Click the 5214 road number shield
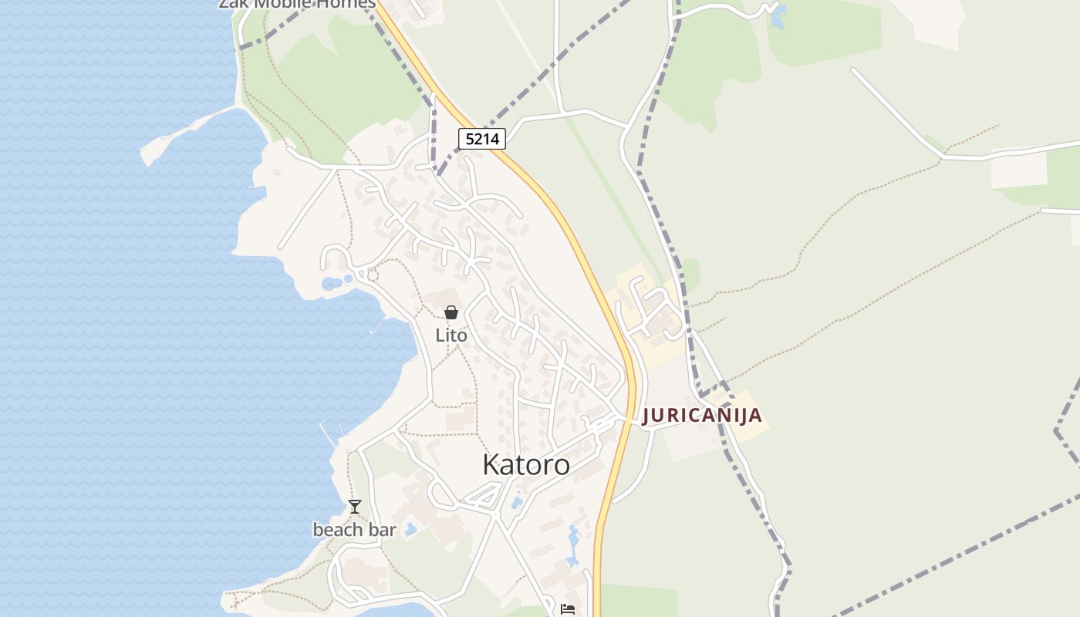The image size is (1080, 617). tap(482, 139)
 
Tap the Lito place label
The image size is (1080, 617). tap(451, 335)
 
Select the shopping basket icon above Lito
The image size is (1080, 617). tap(451, 312)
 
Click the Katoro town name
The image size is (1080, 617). tap(526, 464)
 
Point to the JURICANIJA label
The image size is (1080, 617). tap(702, 415)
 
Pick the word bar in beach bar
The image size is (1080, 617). tap(382, 530)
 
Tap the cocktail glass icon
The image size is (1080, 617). tap(354, 507)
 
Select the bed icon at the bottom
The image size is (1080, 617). tap(568, 609)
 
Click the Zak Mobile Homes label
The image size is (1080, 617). tap(297, 4)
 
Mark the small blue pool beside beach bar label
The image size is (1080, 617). tap(410, 530)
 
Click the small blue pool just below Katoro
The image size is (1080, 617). tap(516, 503)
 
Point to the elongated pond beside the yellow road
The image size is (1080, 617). tap(572, 546)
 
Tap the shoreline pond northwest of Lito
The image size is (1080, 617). tap(332, 283)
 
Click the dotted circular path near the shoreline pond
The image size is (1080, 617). tap(373, 275)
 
